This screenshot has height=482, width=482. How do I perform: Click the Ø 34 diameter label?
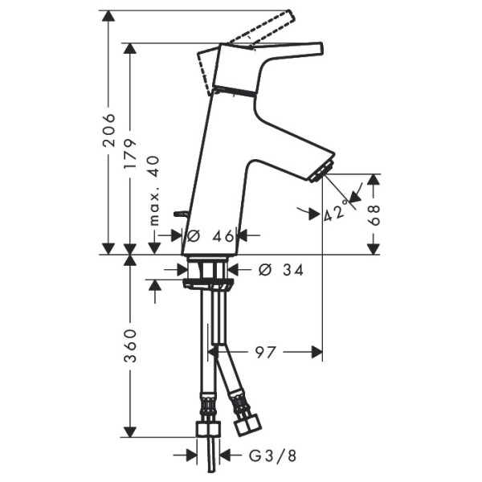[x=280, y=270]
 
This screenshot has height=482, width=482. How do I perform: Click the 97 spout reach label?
[x=266, y=351]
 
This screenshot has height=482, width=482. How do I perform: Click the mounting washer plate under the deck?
[x=207, y=283]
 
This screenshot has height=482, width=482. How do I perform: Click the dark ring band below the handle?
[x=236, y=91]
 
